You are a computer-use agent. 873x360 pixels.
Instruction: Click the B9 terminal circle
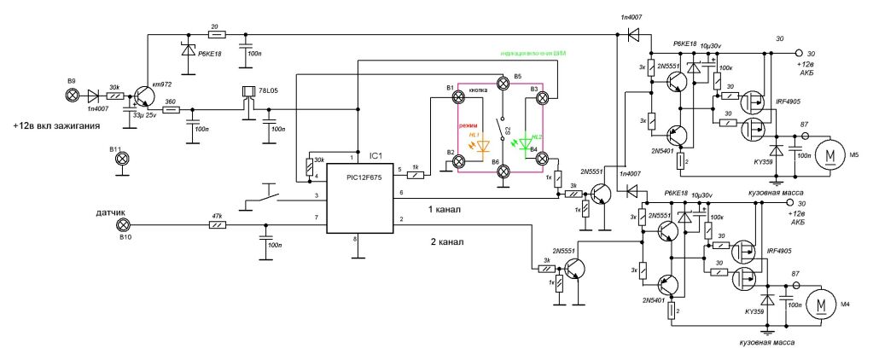tap(72, 94)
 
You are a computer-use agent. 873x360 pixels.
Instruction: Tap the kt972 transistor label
tap(163, 85)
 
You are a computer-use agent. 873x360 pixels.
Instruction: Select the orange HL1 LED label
tap(474, 136)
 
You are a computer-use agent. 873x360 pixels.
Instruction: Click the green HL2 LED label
tap(537, 136)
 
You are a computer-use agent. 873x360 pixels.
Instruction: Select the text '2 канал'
tap(445, 241)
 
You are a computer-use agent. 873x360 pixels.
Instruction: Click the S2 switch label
tap(508, 131)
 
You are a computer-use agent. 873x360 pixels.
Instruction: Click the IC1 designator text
tap(375, 156)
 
